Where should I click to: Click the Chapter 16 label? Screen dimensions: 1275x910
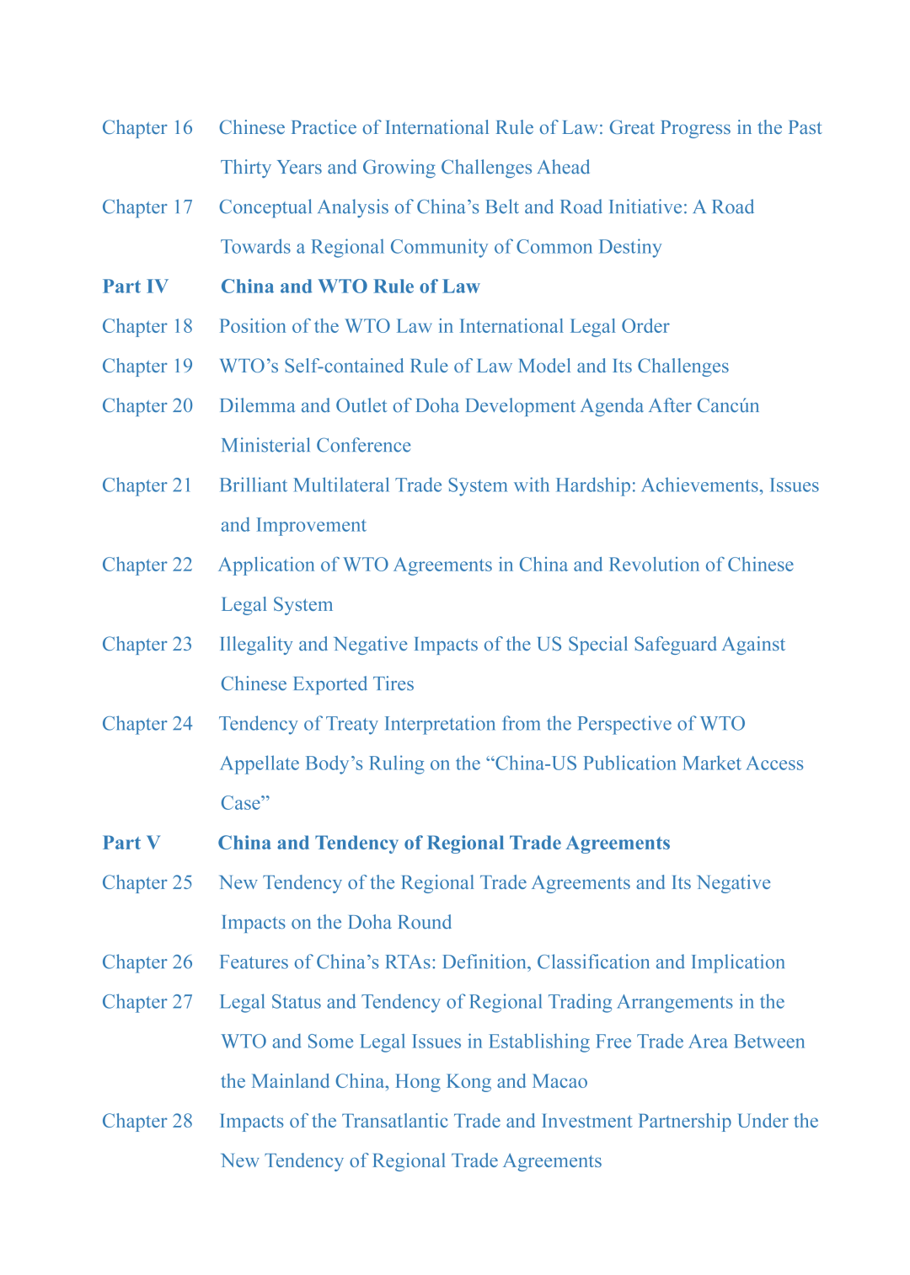click(147, 128)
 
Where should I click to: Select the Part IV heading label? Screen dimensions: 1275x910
click(135, 287)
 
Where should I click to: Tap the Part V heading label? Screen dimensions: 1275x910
click(131, 843)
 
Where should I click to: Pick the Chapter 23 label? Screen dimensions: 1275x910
click(147, 645)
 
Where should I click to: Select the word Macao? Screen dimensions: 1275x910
click(559, 1081)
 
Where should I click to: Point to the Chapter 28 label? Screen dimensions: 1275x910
click(147, 1121)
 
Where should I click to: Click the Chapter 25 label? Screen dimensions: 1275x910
click(147, 882)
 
